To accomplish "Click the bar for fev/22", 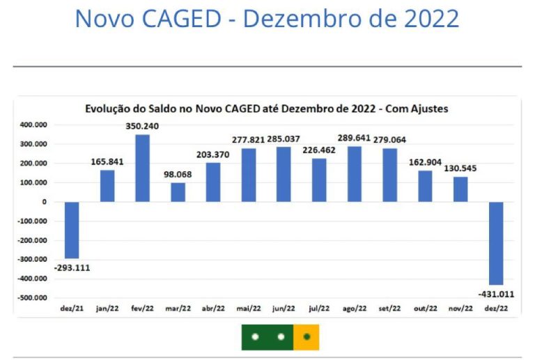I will pos(142,168).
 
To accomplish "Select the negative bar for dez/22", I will pos(497,243).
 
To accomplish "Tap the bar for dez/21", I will pos(72,230).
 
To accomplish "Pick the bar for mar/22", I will pos(178,192).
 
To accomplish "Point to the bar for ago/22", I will pos(355,174).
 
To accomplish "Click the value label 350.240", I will pos(142,127).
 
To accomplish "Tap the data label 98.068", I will pos(178,175).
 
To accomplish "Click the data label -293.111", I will pos(72,267).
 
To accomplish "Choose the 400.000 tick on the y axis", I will pos(33,125).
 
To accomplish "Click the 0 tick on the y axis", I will pos(45,202).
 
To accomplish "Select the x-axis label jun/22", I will pos(284,308).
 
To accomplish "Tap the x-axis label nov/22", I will pos(460,308).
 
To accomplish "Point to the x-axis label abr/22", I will pos(213,308).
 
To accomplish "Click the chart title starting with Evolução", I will pos(267,109).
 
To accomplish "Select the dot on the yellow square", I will pos(307,336).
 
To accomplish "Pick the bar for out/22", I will pos(426,186).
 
